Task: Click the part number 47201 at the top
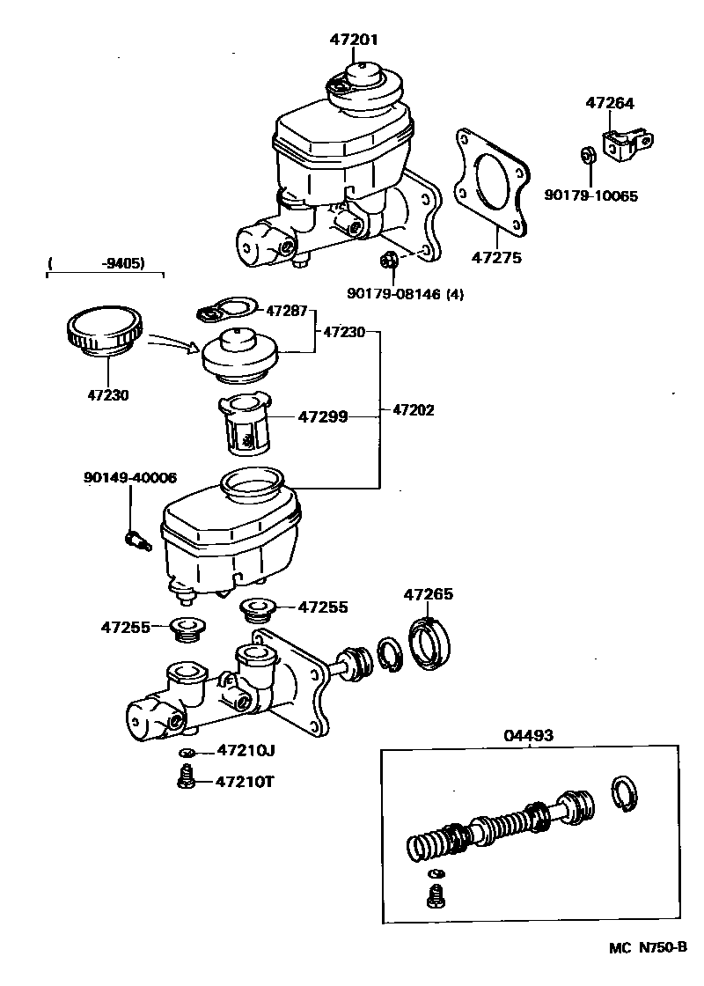click(x=354, y=40)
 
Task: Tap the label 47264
click(x=610, y=102)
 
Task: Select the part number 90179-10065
click(x=590, y=195)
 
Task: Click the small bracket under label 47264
click(x=627, y=144)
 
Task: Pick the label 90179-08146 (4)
click(x=406, y=293)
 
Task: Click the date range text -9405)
click(x=123, y=263)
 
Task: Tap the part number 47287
click(x=287, y=311)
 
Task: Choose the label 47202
click(x=413, y=410)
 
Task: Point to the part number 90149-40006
click(x=130, y=478)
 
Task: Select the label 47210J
click(x=246, y=749)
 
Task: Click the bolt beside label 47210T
click(x=186, y=778)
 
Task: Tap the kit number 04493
click(x=529, y=735)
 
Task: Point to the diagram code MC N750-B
click(x=648, y=965)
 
